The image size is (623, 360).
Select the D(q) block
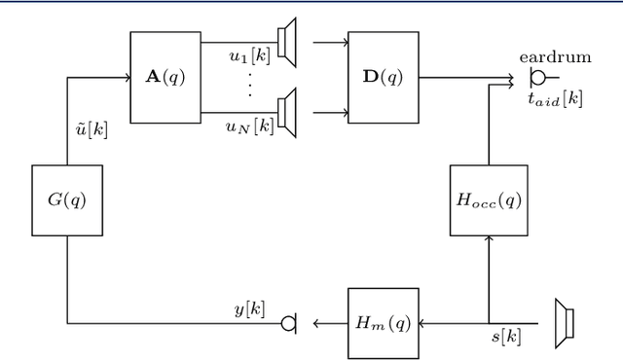point(384,77)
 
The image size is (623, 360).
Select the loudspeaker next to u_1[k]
point(285,43)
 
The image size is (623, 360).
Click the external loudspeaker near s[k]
point(563,322)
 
